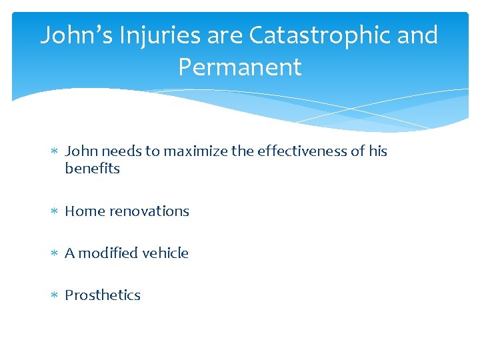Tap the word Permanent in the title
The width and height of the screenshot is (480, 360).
coord(240,67)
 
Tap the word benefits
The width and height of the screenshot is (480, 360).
coord(92,169)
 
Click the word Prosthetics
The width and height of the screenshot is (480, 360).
coord(103,295)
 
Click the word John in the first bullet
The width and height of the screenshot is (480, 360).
coord(80,151)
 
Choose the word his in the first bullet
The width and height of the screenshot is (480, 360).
coord(378,151)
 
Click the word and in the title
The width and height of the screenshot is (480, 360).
coord(417,35)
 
